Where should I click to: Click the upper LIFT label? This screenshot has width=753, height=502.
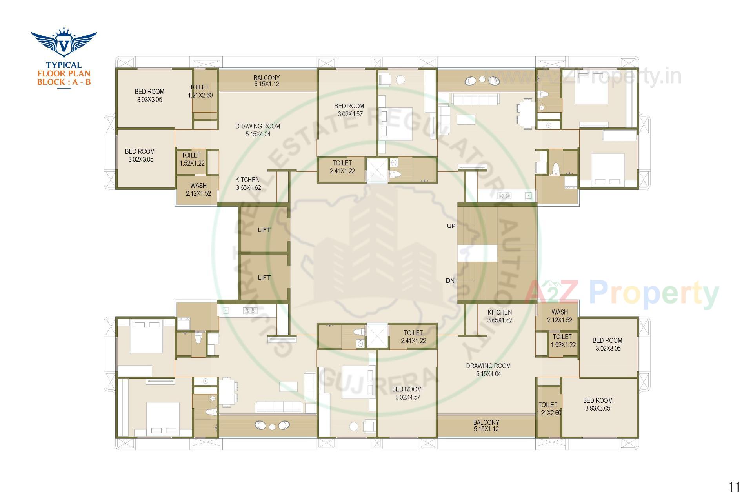click(x=264, y=230)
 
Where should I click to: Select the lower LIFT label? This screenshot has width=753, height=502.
click(x=264, y=278)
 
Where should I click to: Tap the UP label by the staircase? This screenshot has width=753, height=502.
click(x=451, y=226)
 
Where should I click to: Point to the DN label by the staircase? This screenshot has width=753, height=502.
click(x=450, y=281)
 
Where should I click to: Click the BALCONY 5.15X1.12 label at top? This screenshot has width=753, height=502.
click(x=267, y=81)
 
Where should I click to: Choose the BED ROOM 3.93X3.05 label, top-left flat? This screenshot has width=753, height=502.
click(x=149, y=96)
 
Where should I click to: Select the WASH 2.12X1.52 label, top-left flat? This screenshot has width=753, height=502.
click(x=198, y=189)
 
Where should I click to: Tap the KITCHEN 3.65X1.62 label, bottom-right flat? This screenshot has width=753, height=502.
click(x=500, y=316)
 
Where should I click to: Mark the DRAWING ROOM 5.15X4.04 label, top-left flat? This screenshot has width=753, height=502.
click(x=258, y=130)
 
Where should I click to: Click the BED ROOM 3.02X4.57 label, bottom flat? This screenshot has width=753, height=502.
click(x=407, y=393)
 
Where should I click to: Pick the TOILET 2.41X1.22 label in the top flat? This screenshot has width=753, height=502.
click(x=342, y=167)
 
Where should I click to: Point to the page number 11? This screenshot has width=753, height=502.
click(x=734, y=487)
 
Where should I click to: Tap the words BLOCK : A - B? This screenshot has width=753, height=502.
click(x=64, y=82)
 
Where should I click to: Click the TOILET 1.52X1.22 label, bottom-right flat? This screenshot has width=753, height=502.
click(x=562, y=341)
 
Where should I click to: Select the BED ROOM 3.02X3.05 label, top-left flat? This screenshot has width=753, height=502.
click(x=140, y=155)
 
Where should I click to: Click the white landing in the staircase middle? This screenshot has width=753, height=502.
click(x=477, y=253)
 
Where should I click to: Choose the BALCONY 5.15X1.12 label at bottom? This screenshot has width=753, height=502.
click(x=486, y=426)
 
